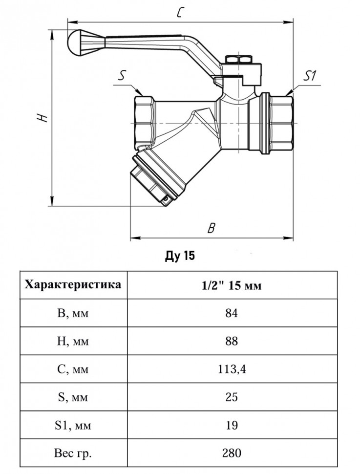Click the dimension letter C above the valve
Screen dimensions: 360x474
180,12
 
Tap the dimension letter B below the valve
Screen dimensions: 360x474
212,228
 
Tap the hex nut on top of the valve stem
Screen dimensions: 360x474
239,59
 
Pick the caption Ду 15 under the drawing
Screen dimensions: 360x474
180,256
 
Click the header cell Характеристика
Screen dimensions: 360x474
73,284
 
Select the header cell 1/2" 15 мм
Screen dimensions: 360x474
232,285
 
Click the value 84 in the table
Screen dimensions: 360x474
232,313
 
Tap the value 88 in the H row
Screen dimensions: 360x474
232,341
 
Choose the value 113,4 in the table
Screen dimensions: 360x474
232,369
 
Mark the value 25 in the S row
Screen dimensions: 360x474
232,397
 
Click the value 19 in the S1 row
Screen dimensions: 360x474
232,425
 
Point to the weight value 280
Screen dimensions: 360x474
232,453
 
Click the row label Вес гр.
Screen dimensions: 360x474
73,453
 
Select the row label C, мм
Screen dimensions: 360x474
73,369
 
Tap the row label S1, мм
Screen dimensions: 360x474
73,425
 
